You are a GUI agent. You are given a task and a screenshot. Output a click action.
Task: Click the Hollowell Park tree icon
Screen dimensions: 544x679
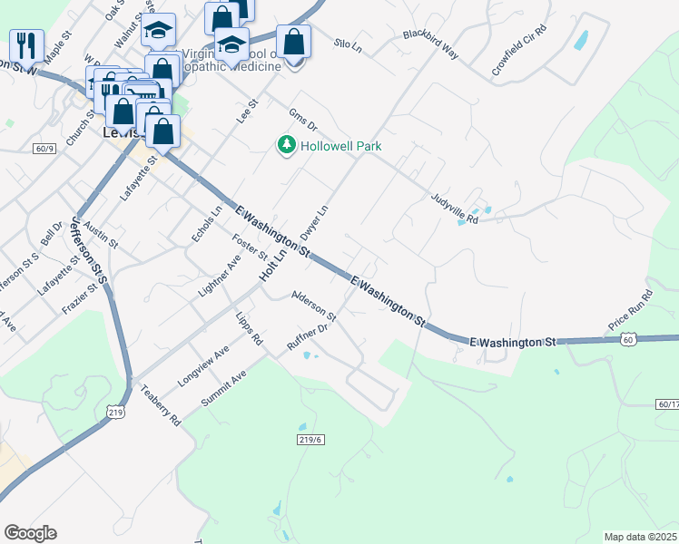(287, 145)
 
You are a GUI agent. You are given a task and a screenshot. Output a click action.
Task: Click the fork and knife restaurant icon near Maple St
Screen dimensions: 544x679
(26, 44)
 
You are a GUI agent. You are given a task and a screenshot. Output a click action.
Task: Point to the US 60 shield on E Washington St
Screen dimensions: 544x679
(628, 338)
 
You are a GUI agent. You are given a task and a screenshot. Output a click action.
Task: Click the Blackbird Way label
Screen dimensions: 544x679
(431, 44)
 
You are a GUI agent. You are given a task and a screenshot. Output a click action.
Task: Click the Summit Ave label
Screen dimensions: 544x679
(224, 388)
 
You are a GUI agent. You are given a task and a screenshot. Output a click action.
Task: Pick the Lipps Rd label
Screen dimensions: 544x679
(249, 331)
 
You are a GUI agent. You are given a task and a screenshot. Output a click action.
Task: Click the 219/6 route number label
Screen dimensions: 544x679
(310, 439)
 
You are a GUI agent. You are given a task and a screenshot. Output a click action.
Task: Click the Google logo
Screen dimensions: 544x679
(30, 533)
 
